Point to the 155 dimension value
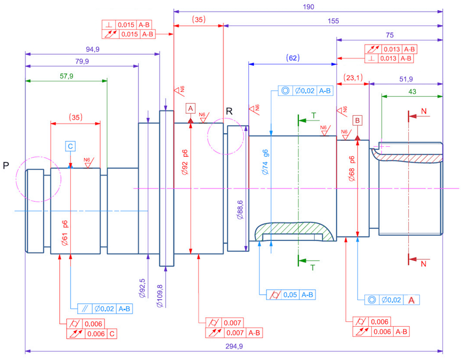tap(333, 21)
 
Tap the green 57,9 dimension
tap(66, 76)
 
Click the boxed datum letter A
tap(190, 108)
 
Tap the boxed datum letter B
tap(357, 120)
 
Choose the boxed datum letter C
tap(71, 146)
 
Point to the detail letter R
tap(229, 111)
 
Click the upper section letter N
tap(423, 111)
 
